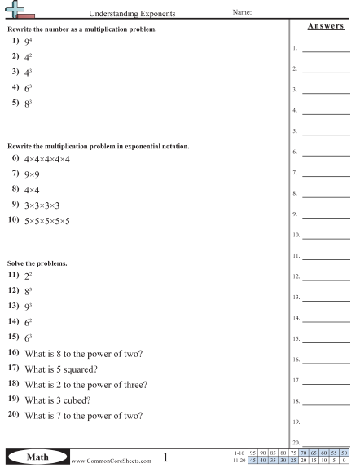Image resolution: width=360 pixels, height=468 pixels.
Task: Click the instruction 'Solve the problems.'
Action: pos(33,264)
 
